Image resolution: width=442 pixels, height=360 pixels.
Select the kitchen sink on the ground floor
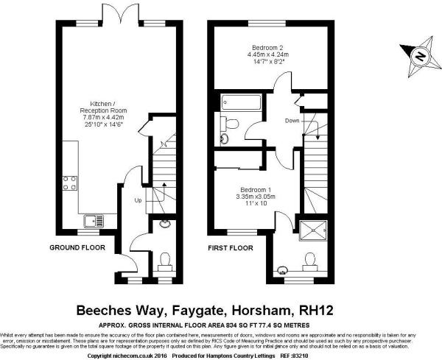coord(93,219)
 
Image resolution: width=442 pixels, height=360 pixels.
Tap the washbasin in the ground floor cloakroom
coord(163,225)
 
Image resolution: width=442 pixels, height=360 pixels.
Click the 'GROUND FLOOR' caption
coord(77,248)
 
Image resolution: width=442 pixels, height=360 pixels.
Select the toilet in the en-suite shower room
coord(308,261)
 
